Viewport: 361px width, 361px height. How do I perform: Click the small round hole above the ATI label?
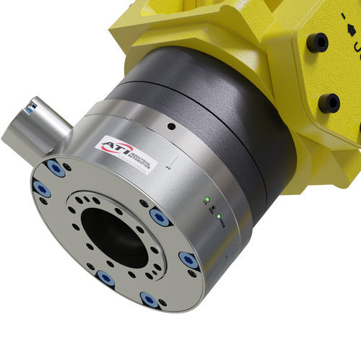[x=170, y=126]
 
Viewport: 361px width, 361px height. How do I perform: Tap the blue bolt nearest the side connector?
[x=56, y=167]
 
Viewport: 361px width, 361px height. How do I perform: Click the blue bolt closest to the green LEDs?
[x=189, y=261]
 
